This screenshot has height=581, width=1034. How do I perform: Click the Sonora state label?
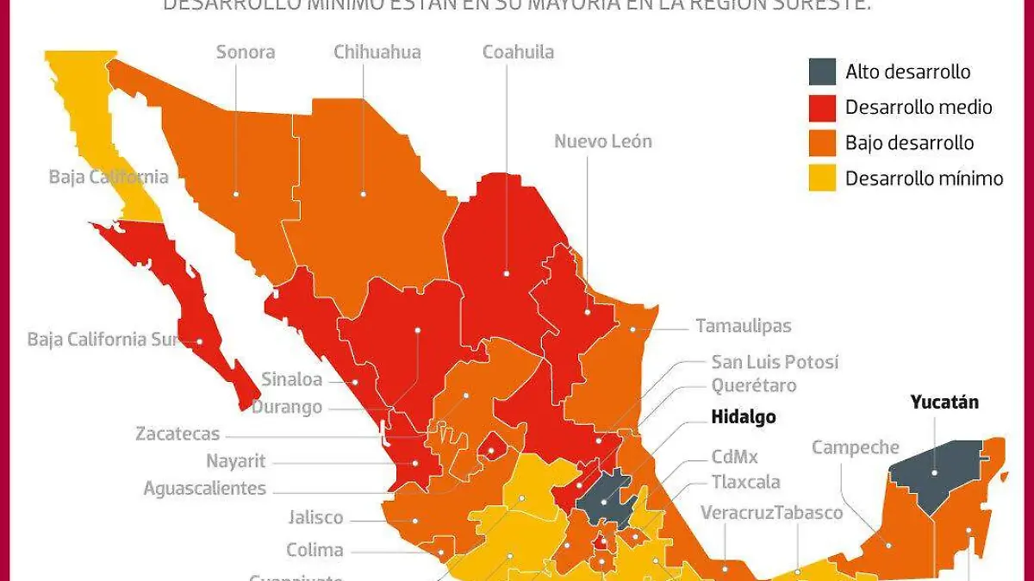246,52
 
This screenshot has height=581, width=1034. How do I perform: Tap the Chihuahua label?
377,52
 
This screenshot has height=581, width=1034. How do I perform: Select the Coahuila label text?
518,52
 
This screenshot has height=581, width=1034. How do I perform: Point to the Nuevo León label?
603,141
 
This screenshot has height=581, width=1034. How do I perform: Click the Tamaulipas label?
743,326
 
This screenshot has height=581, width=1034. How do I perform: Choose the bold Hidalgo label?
743,417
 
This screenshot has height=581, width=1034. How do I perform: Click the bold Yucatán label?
944,402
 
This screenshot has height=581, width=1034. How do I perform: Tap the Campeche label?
855,447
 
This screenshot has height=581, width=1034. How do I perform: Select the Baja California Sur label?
102,339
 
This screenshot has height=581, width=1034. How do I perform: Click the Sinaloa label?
292,379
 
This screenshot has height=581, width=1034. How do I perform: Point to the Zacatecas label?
178,434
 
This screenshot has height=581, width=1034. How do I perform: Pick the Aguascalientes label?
204,489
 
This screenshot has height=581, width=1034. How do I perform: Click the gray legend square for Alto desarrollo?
822,72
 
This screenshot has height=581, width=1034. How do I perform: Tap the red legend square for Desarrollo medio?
822,107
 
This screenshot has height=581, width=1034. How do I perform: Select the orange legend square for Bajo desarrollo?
822,142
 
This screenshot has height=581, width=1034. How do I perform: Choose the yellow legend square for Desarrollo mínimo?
822,178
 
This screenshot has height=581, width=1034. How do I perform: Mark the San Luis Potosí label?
775,362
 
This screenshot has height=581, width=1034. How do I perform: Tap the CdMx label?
734,457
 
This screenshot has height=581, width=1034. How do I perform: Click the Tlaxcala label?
745,481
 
